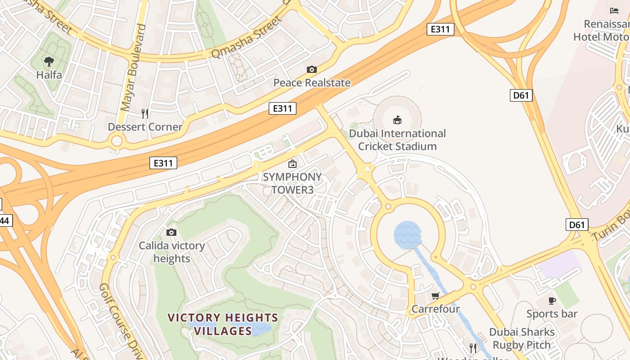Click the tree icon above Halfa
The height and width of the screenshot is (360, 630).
point(49,61)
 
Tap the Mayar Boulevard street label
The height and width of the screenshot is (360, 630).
point(134,67)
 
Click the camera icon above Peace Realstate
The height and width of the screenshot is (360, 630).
point(311,69)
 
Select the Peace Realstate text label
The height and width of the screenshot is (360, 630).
point(311,83)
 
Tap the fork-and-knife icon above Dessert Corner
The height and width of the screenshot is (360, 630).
point(145,113)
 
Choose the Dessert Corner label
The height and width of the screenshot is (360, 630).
point(145,127)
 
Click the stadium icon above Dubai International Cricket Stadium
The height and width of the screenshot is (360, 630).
point(397,120)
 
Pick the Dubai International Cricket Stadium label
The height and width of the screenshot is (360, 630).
point(397,140)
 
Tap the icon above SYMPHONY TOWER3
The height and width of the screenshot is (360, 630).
point(292,164)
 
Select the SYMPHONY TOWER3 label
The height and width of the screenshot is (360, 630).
point(292,183)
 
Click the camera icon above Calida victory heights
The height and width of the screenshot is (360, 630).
point(171,232)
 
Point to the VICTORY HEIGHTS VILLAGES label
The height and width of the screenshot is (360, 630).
point(223,324)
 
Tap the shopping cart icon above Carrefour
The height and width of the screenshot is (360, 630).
point(435,296)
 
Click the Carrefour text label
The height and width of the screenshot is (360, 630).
point(435,309)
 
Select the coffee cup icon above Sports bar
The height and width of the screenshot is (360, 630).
point(552,301)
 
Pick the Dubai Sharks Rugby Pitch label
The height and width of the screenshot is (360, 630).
point(522,338)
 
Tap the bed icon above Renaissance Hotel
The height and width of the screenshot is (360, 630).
point(614,10)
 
